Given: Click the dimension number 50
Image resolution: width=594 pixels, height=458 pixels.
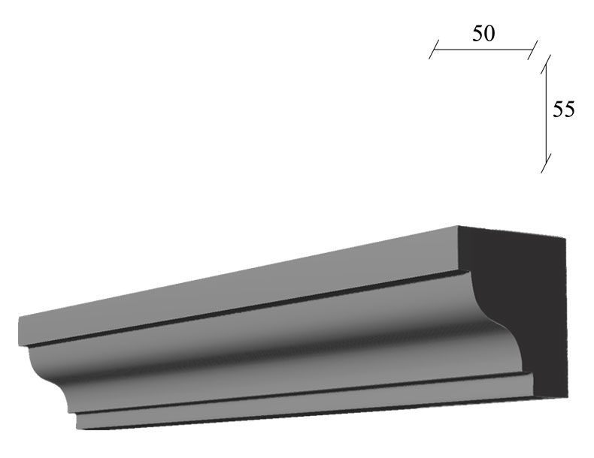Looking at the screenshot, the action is [x=483, y=33].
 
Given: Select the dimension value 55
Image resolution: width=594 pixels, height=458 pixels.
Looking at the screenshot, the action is [x=564, y=110].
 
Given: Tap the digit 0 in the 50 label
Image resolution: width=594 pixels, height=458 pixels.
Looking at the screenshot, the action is [x=489, y=33].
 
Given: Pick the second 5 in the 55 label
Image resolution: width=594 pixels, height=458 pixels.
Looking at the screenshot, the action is [x=569, y=110].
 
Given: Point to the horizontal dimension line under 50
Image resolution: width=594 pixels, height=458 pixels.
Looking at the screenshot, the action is [x=483, y=50].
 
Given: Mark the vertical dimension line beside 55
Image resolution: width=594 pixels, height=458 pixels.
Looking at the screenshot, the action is [x=546, y=113].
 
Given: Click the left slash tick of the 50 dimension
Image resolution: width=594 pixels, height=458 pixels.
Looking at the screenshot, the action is [x=434, y=49].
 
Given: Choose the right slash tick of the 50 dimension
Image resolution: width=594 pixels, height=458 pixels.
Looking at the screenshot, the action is [x=532, y=50].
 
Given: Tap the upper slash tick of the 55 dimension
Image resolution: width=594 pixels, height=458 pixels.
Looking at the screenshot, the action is [x=546, y=64].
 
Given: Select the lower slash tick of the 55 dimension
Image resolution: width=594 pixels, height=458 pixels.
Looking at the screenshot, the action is [x=546, y=163].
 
